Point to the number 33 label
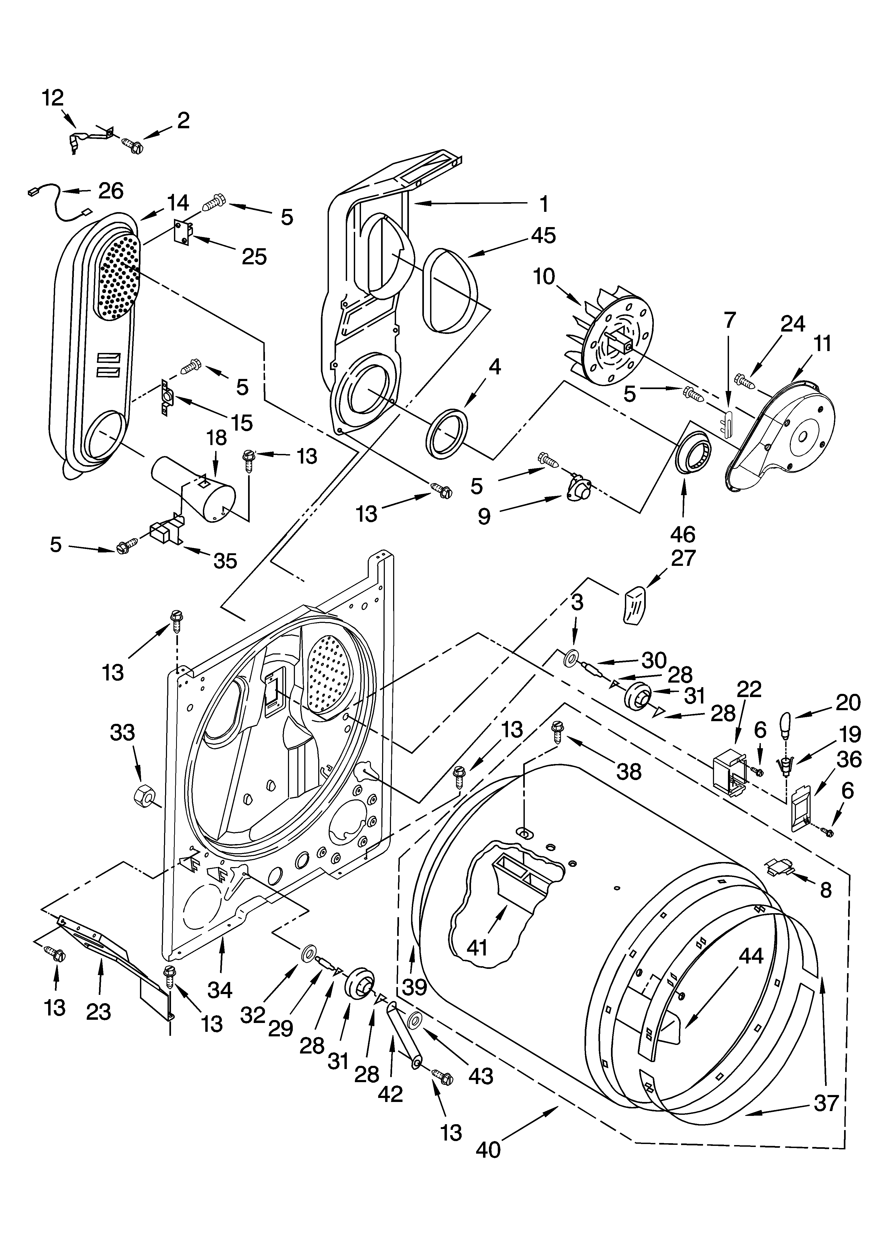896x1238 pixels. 122,732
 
